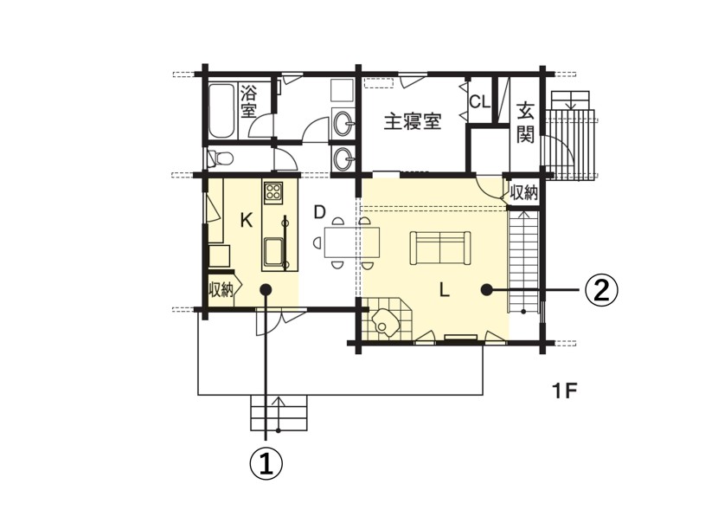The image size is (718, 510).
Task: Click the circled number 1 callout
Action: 266,465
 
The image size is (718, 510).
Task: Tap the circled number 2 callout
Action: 602,290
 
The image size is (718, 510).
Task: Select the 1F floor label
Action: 564,391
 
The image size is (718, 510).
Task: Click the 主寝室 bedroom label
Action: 413,121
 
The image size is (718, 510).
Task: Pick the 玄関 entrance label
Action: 525,123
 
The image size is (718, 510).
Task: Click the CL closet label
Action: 480,101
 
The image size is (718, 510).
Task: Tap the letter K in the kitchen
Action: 247,221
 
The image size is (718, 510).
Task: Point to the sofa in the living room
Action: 440,248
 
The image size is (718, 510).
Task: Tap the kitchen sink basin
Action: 272,252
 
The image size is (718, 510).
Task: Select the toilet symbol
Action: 221,158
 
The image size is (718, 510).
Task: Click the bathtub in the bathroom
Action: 222,111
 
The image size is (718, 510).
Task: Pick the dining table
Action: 352,242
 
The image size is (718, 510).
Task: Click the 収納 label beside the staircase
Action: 523,193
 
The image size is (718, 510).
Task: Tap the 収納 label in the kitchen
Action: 221,290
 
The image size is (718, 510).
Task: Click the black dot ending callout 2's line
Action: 486,289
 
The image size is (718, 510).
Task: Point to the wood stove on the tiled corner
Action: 384,322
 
